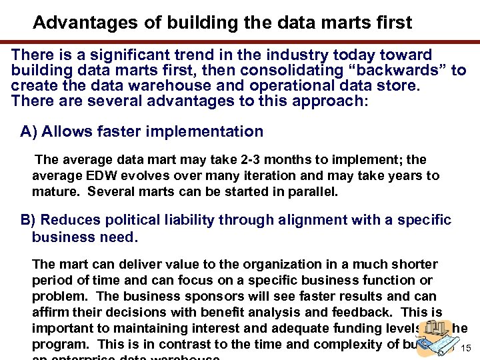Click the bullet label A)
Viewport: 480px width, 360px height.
[28, 131]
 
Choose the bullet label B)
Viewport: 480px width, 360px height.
[28, 220]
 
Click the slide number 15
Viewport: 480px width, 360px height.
[467, 349]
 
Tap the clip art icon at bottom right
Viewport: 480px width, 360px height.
[434, 337]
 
